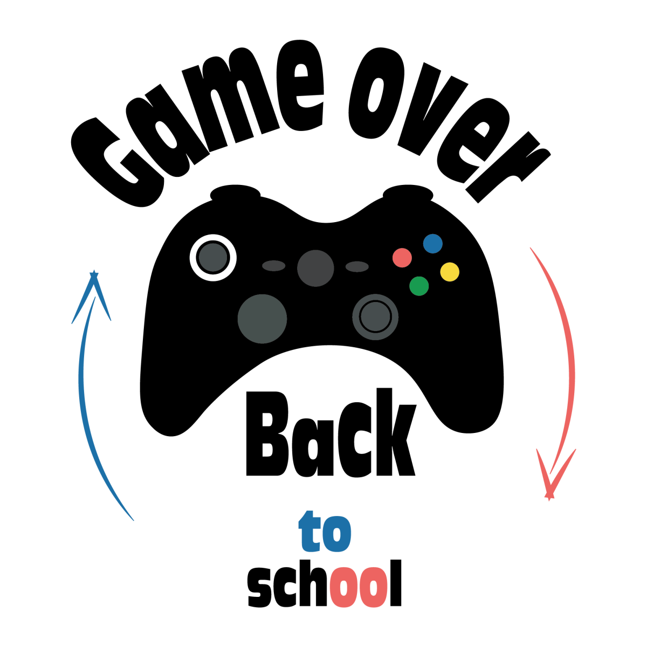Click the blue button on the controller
click(x=432, y=244)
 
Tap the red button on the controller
click(x=402, y=258)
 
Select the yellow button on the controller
click(x=450, y=272)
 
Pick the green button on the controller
click(x=419, y=286)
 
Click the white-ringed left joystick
click(x=213, y=258)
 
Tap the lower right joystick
click(x=375, y=316)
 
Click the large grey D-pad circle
click(x=262, y=319)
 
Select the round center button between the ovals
click(x=315, y=268)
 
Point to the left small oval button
click(x=273, y=266)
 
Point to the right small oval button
click(x=356, y=266)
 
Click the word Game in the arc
click(x=199, y=119)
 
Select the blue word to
click(x=326, y=533)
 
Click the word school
click(x=325, y=584)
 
